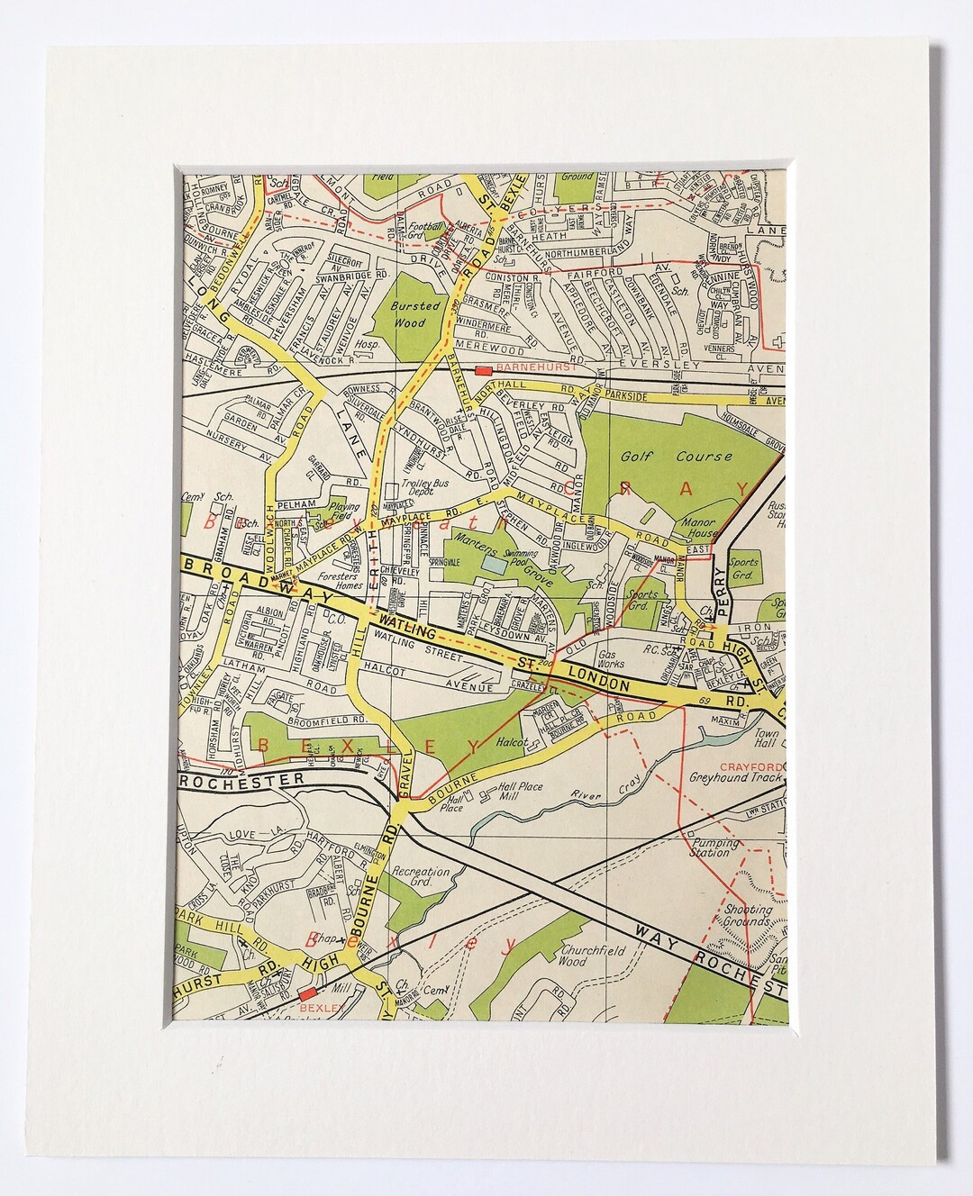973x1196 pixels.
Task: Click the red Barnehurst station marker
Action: click(482, 370)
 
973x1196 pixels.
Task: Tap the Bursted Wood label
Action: click(416, 312)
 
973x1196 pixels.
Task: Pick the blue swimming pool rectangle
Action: click(493, 565)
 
